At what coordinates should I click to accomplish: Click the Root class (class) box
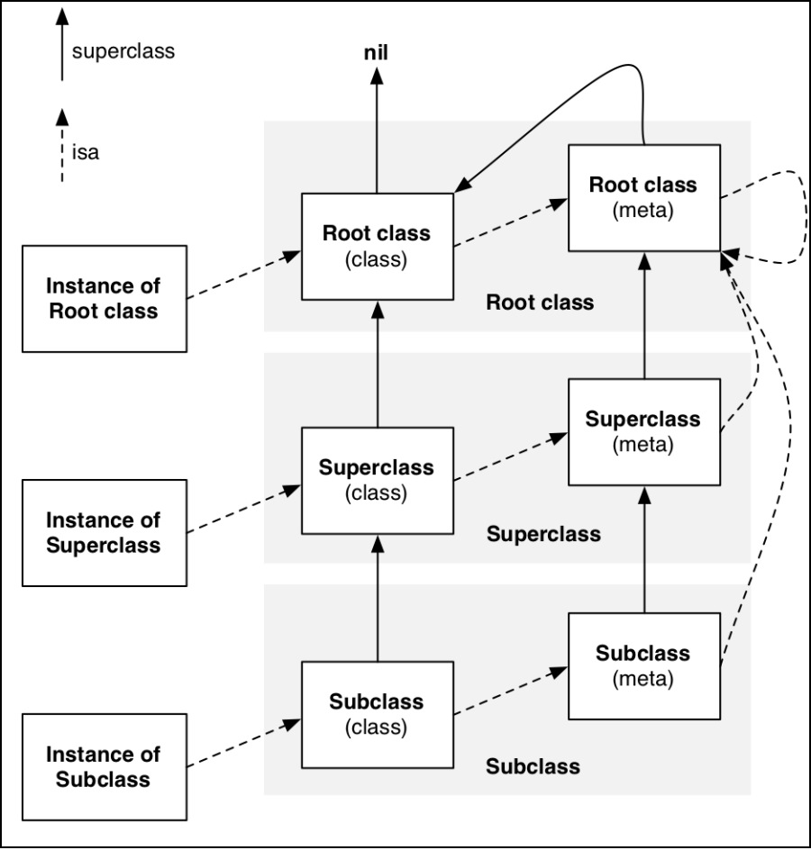pyautogui.click(x=377, y=246)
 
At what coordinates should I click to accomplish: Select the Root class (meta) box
pyautogui.click(x=642, y=197)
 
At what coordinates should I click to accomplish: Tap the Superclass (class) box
pyautogui.click(x=377, y=480)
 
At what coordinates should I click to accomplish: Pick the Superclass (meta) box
pyautogui.click(x=642, y=431)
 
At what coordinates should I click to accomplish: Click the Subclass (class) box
pyautogui.click(x=377, y=713)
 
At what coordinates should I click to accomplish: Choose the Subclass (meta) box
pyautogui.click(x=642, y=665)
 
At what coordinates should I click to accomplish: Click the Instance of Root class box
pyautogui.click(x=104, y=298)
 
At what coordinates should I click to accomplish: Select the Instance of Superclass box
pyautogui.click(x=104, y=532)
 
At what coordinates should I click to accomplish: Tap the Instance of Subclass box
pyautogui.click(x=104, y=766)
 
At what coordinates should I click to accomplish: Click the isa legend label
pyautogui.click(x=87, y=152)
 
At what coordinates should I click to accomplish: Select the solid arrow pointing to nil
pyautogui.click(x=377, y=135)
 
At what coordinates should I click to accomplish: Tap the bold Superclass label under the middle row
pyautogui.click(x=543, y=534)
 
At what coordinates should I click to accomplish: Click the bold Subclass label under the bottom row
pyautogui.click(x=533, y=767)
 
